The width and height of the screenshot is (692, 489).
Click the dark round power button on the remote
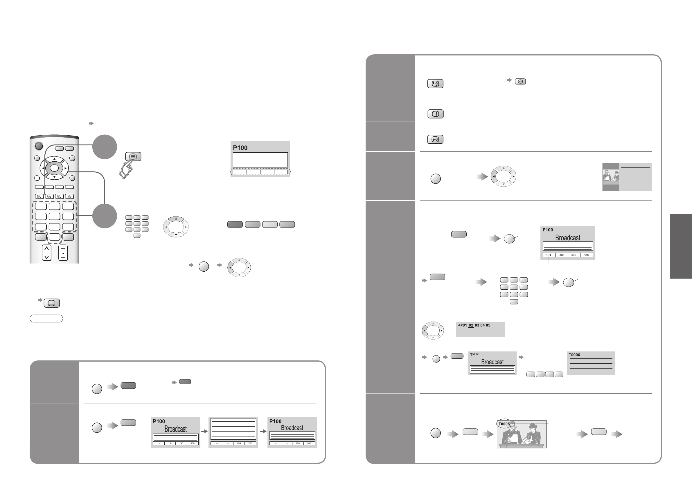(39, 146)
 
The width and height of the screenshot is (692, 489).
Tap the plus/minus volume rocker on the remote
(63, 252)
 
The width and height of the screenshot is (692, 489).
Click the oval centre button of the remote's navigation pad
(54, 168)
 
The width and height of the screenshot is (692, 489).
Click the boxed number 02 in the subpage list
(471, 325)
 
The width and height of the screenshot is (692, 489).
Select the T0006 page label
(574, 355)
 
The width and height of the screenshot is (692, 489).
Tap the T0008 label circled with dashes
(504, 424)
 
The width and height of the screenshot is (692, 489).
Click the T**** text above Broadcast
(474, 355)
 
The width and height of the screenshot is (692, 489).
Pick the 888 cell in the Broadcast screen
(586, 255)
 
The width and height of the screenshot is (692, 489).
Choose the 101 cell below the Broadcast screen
(549, 255)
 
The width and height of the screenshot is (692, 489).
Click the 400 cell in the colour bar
(574, 255)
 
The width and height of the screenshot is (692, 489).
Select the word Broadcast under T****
(492, 362)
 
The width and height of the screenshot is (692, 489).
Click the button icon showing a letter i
(435, 114)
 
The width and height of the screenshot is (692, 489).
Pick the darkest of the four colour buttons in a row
(235, 224)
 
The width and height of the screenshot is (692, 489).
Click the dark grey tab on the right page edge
(681, 246)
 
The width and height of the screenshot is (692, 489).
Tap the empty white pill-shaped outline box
(46, 318)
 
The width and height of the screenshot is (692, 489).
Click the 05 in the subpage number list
(488, 325)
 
